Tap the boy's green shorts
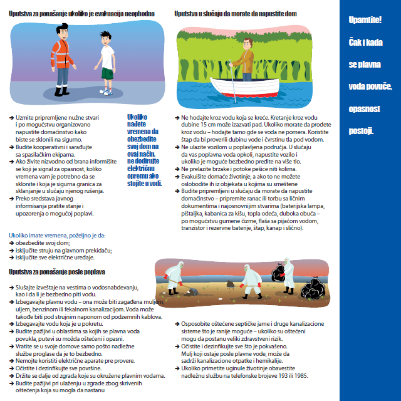(x=108, y=73)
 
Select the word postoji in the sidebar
(x=362, y=130)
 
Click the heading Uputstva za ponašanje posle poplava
(x=57, y=272)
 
